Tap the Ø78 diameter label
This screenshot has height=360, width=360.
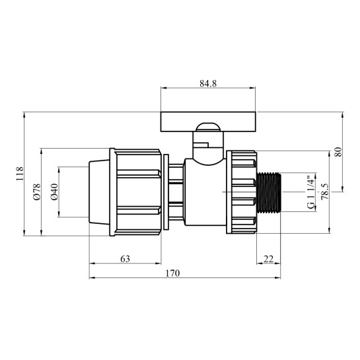click(x=36, y=192)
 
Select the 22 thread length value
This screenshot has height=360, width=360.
click(x=268, y=259)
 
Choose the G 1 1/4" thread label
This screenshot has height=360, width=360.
click(x=310, y=192)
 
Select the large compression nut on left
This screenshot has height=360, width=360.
click(x=137, y=192)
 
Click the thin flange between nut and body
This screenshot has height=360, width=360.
click(x=166, y=192)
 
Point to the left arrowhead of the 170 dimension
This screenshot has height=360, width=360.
click(x=92, y=277)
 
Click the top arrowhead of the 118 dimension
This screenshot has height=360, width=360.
click(x=24, y=114)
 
